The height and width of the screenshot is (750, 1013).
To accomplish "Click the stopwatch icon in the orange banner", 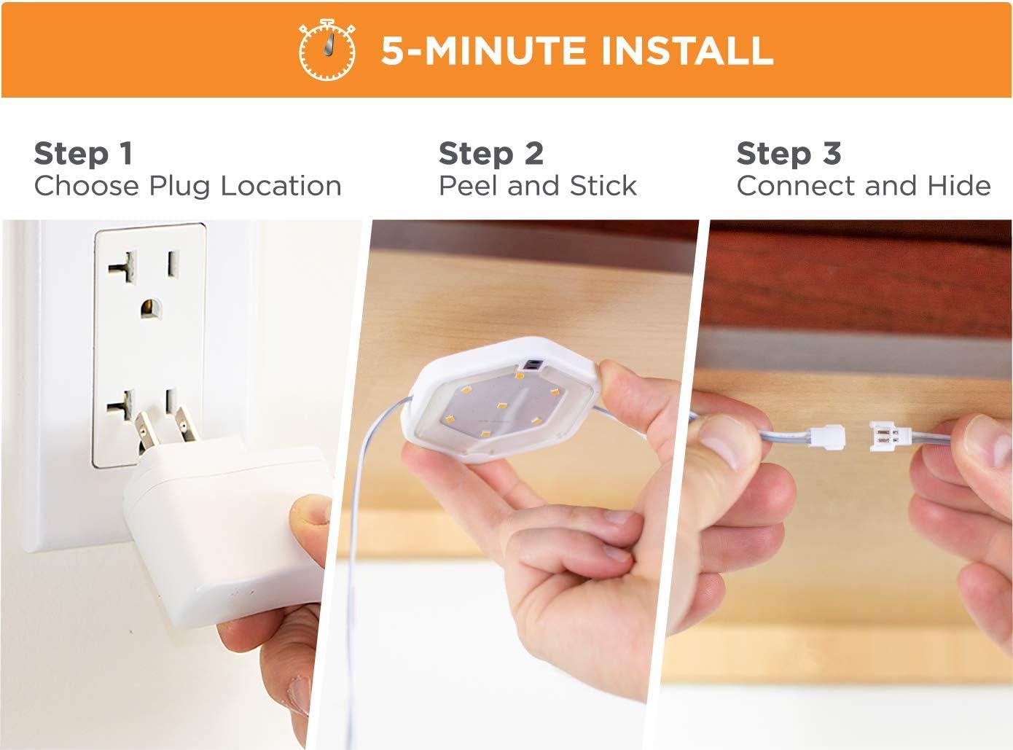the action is (x=327, y=50).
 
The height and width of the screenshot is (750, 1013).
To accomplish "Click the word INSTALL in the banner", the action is (x=687, y=50).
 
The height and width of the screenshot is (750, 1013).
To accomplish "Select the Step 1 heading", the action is (x=84, y=154).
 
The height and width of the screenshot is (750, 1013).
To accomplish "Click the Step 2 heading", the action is (x=491, y=154).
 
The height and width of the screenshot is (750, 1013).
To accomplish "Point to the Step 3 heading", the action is (x=789, y=154).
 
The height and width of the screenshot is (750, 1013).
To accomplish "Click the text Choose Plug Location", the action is (x=188, y=186).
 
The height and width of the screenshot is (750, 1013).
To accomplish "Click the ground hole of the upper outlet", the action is (x=151, y=308).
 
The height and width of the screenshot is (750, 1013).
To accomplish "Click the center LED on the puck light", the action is (x=501, y=405).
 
